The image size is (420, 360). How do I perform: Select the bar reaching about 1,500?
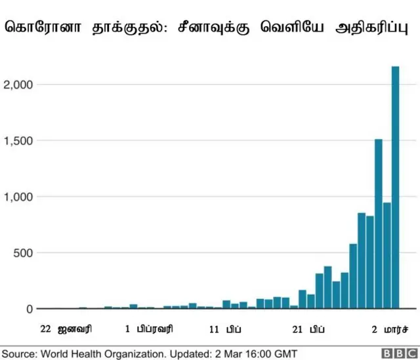(379, 223)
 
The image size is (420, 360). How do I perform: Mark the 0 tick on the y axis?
(29, 309)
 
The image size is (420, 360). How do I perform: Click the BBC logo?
(396, 353)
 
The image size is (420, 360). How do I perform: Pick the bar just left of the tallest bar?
(387, 256)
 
